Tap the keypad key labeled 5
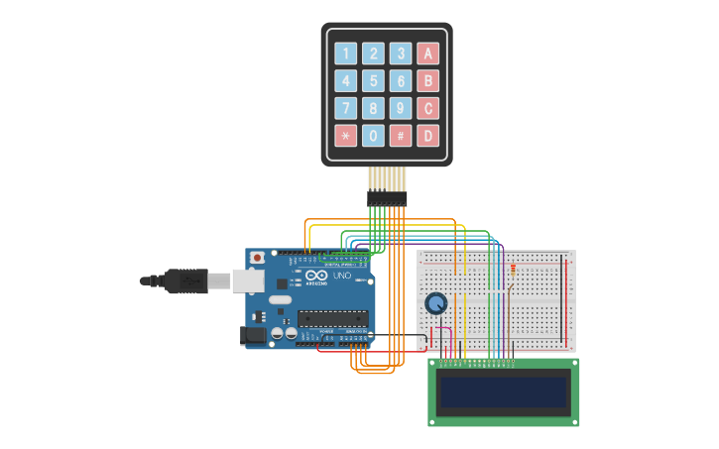373,81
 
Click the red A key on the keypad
427,54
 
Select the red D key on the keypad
427,136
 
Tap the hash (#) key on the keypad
401,136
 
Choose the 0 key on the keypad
373,136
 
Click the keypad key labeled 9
401,108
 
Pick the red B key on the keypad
427,81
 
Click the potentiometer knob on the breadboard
435,303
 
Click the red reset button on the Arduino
258,258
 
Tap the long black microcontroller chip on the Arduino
333,318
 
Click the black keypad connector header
387,199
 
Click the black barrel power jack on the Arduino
255,337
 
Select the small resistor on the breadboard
513,269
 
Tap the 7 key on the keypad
345,108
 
